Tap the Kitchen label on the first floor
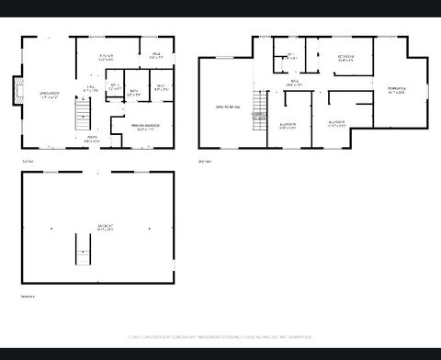(x=107, y=59)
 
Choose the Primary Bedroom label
(x=145, y=127)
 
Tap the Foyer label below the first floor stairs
(x=92, y=139)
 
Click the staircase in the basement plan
(x=84, y=249)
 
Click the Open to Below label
(x=228, y=107)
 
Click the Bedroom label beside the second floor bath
(x=345, y=59)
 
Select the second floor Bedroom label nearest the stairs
(x=288, y=125)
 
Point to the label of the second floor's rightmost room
(x=397, y=90)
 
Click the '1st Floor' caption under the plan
(x=29, y=161)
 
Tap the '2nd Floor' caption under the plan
(x=205, y=161)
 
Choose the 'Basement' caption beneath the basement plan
(x=28, y=296)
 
